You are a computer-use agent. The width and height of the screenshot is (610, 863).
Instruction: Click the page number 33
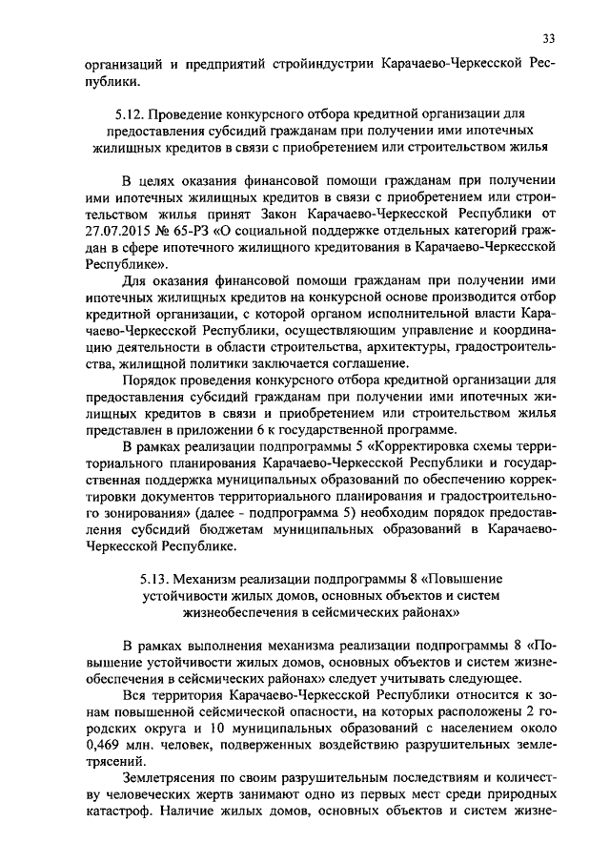click(x=548, y=38)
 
